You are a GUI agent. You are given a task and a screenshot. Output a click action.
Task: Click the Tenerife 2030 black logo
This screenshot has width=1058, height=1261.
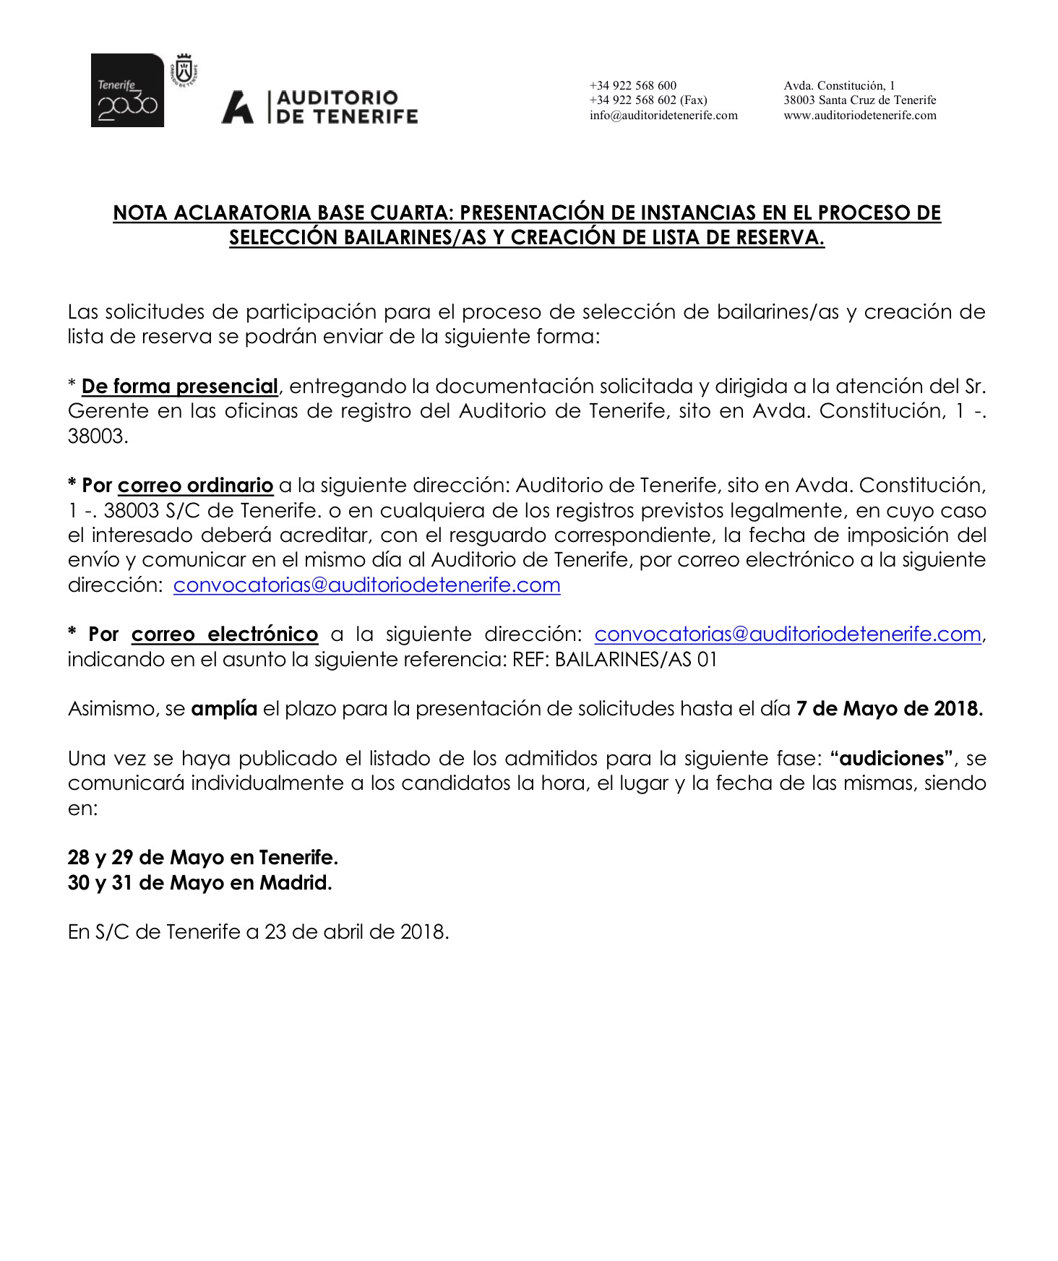(127, 90)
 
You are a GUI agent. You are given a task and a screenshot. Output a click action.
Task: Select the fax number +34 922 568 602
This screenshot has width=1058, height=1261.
(648, 100)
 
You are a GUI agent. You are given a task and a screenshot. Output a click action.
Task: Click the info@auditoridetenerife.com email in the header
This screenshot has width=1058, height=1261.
(663, 116)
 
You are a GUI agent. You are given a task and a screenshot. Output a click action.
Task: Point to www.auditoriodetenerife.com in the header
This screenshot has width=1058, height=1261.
(859, 116)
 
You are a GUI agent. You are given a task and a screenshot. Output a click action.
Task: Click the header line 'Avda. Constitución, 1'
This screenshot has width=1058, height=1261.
(839, 85)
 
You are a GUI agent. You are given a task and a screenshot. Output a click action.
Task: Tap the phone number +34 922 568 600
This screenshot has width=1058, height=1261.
(633, 85)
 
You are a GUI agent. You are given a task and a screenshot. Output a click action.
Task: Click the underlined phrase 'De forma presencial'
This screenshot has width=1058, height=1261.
(179, 387)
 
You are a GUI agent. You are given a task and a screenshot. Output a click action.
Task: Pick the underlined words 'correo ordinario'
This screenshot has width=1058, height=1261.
(195, 486)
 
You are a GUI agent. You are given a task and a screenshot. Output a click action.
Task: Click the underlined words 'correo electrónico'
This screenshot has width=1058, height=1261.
(224, 634)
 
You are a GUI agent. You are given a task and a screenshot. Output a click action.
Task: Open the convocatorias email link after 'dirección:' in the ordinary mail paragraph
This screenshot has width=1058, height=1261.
(366, 585)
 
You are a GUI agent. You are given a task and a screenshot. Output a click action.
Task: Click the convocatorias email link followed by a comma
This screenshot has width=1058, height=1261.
(787, 634)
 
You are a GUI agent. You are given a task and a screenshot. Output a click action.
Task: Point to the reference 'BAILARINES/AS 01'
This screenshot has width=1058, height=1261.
(636, 660)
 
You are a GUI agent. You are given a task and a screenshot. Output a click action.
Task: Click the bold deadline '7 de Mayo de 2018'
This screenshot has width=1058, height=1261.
(888, 709)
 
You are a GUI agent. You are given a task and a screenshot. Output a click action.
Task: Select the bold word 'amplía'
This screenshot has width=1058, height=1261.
(223, 709)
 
